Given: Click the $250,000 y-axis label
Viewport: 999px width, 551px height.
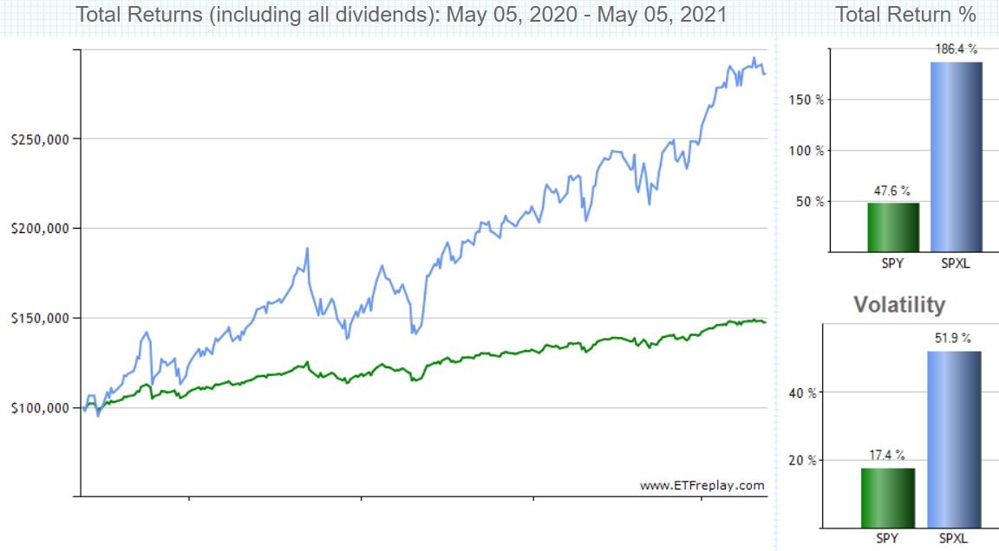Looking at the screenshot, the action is [x=40, y=139].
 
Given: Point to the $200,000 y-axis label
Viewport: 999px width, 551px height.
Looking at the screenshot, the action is [x=40, y=229].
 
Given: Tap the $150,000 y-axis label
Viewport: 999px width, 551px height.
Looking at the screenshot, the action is [x=40, y=318].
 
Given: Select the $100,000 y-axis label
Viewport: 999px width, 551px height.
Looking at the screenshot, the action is [x=40, y=408].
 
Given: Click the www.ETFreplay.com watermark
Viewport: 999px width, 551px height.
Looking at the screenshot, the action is [x=702, y=485].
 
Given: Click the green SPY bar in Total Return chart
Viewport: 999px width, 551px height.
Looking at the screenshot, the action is [x=893, y=227].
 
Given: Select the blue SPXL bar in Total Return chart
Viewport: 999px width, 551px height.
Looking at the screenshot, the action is [x=957, y=157].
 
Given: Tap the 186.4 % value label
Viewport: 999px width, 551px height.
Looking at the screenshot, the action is [x=956, y=49].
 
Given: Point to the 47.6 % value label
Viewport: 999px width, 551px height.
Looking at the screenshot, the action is [x=892, y=191].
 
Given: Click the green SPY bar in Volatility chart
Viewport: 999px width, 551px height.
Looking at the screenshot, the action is [x=888, y=498].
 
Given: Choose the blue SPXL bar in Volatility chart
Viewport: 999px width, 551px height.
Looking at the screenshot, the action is [x=954, y=439].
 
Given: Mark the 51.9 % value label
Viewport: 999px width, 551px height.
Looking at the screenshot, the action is [x=952, y=339].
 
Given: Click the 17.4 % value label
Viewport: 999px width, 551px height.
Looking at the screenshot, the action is [x=887, y=455].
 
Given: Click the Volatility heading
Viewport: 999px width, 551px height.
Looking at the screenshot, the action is [x=899, y=305].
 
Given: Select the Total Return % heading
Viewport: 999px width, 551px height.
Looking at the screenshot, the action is [x=905, y=14].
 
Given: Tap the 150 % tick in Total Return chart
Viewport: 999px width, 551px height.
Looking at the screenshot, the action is [x=806, y=100].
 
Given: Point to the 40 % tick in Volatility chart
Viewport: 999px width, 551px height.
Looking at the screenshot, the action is [x=802, y=393].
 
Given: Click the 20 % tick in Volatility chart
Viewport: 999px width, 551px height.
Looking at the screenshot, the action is [x=802, y=461].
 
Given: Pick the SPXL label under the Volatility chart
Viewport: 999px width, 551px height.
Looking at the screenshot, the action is [x=953, y=538].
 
